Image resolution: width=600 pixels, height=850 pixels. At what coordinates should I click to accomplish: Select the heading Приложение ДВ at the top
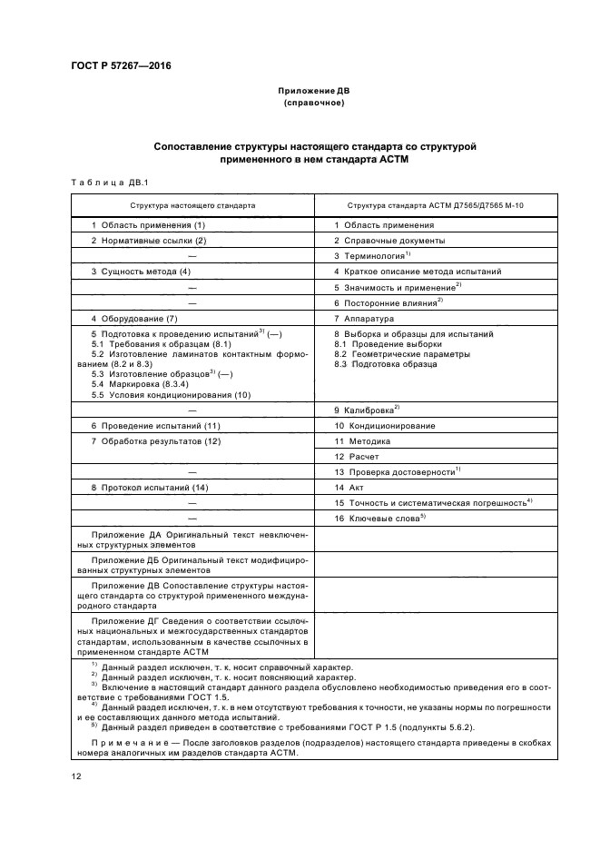click(313, 92)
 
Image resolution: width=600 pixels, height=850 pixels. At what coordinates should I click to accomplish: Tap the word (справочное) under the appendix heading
click(313, 104)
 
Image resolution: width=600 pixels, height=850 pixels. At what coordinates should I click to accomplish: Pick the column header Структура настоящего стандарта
click(192, 205)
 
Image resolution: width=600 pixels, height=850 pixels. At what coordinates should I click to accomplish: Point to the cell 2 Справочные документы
click(389, 241)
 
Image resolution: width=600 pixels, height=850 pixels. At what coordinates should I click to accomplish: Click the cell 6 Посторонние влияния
click(388, 302)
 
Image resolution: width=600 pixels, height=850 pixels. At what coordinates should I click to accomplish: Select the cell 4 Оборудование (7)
click(133, 319)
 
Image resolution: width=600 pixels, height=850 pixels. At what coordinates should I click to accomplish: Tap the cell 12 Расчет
click(357, 457)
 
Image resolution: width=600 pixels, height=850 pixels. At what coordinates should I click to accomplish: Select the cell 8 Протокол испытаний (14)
click(150, 488)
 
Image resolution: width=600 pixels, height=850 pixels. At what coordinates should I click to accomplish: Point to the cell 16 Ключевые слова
click(379, 518)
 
